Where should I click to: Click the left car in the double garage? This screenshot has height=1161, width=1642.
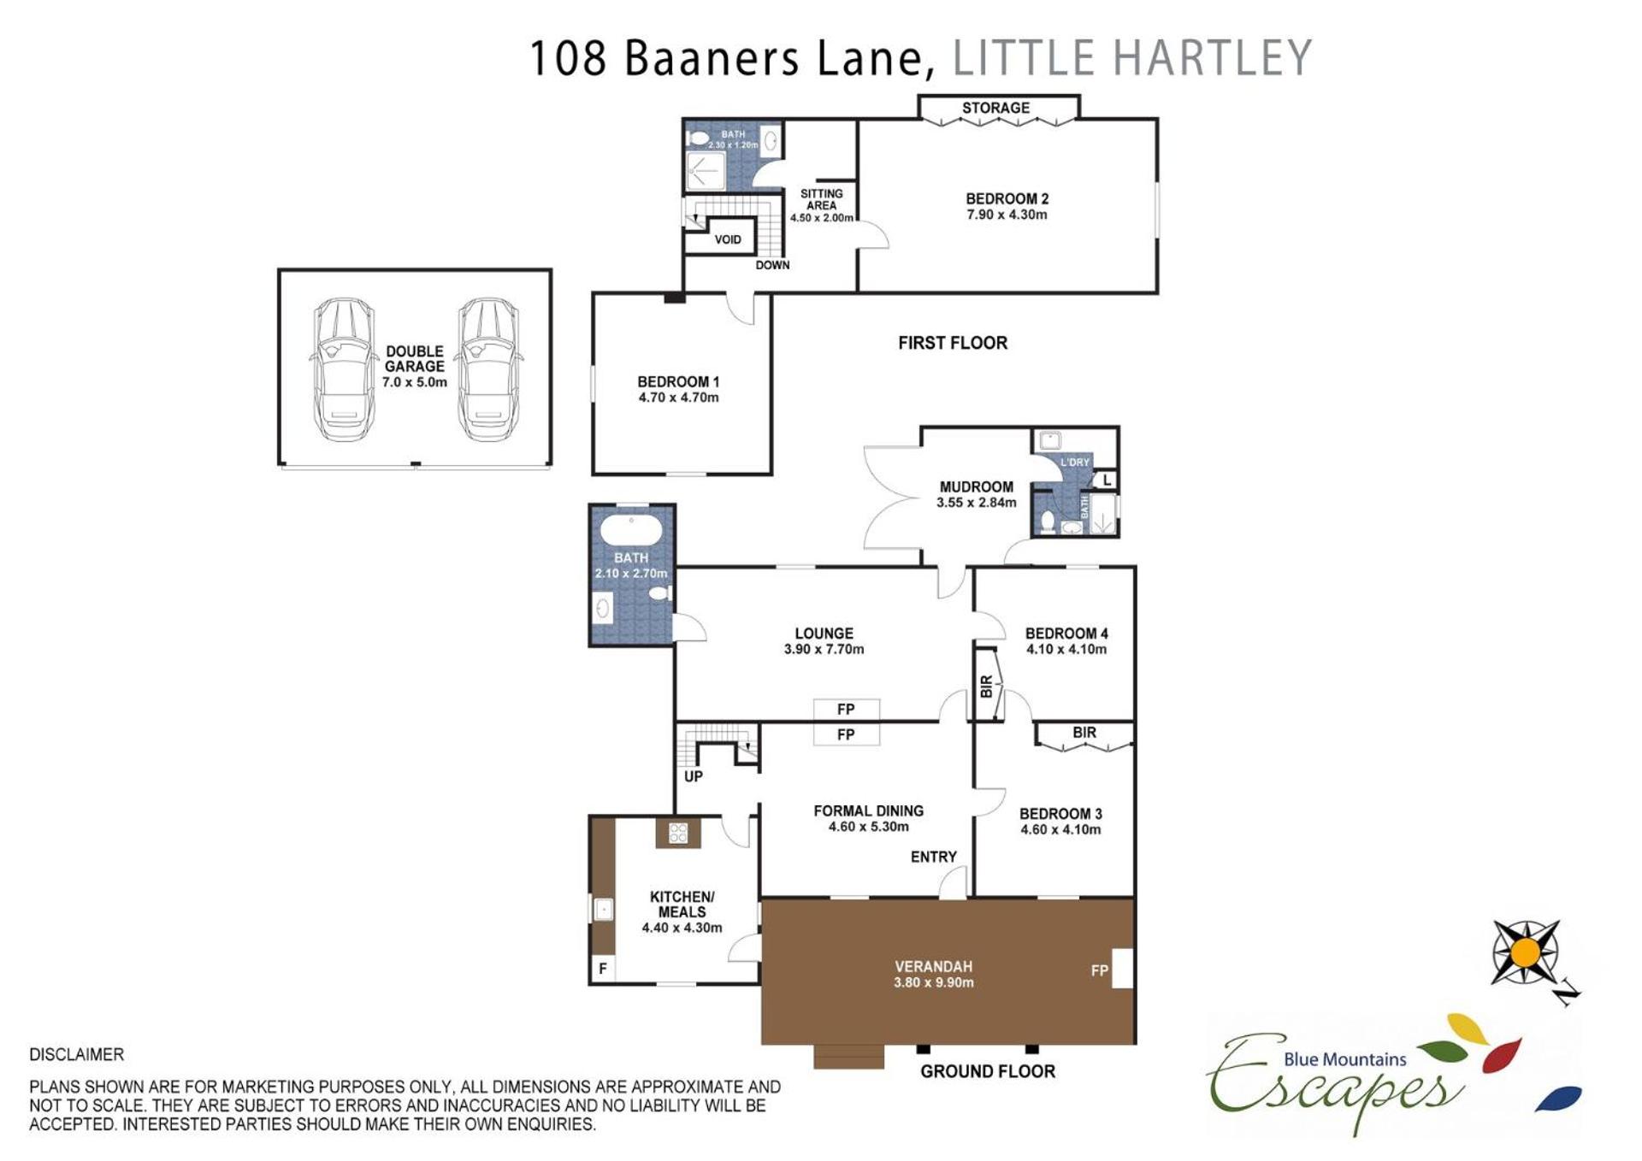click(x=343, y=369)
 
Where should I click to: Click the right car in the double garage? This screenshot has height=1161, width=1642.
click(x=488, y=369)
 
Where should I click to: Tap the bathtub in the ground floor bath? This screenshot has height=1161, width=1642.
click(x=631, y=530)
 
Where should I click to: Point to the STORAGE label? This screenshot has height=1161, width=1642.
click(x=995, y=108)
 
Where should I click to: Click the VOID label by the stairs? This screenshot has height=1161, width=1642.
click(x=728, y=239)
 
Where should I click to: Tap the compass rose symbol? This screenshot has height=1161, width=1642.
click(x=1527, y=952)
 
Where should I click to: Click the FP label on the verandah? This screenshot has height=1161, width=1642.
click(x=1100, y=970)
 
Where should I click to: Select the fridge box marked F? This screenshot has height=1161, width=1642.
click(x=603, y=969)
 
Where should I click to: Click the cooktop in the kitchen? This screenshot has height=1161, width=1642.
click(x=678, y=833)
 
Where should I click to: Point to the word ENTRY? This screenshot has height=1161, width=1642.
click(x=934, y=857)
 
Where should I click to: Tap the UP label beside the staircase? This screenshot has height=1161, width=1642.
click(x=694, y=776)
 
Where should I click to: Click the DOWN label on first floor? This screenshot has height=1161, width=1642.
click(x=772, y=265)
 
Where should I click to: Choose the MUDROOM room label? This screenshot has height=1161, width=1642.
click(x=977, y=487)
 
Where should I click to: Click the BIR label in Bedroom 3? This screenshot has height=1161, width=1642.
click(x=1084, y=733)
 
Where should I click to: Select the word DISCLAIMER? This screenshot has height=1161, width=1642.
click(x=77, y=1055)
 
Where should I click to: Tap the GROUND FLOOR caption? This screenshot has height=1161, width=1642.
click(x=988, y=1071)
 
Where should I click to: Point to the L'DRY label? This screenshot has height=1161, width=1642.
click(x=1075, y=463)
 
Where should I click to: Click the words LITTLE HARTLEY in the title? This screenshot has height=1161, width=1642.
click(x=1132, y=58)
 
